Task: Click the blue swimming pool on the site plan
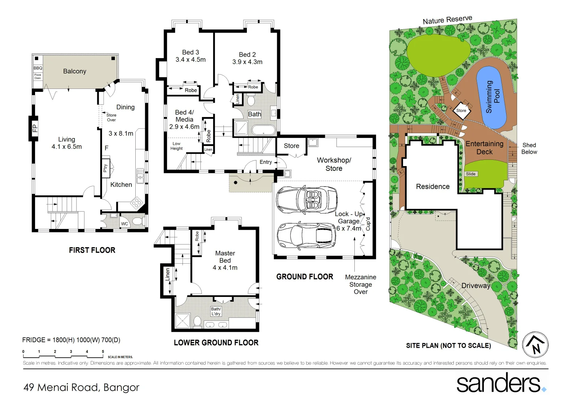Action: coord(491,97)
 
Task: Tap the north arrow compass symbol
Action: coord(535,345)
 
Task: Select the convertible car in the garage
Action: coord(306,199)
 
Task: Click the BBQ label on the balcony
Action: coord(38,68)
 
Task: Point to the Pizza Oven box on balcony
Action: coord(38,76)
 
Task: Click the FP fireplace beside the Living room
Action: coord(34,128)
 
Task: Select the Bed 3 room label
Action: coord(191,52)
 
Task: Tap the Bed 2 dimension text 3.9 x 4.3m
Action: coord(247,62)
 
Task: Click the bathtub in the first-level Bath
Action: coord(263,131)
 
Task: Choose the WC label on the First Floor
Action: coord(125,224)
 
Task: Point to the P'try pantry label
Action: coord(106,168)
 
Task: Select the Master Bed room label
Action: coord(225,257)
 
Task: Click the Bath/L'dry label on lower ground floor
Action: coord(216,311)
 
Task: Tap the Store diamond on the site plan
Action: coord(461,110)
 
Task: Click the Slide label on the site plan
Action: coord(471,174)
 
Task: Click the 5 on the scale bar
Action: coord(103,351)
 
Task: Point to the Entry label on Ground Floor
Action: coord(266,162)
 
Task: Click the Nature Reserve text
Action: coord(447,20)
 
